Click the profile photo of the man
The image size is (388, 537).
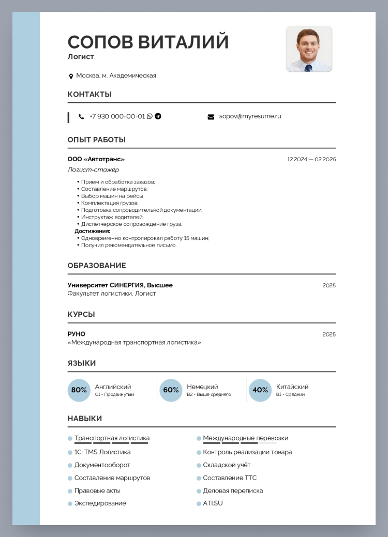[309, 49]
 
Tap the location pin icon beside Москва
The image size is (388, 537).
[71, 76]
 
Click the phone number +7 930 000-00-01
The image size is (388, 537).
[117, 116]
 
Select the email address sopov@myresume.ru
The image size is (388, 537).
[250, 116]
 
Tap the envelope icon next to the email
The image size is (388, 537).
[211, 117]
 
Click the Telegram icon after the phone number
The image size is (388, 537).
[158, 116]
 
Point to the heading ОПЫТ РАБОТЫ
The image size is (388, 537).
[96, 140]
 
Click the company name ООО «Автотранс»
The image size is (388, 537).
[96, 159]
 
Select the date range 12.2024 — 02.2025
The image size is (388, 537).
[311, 159]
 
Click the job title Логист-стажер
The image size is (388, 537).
[93, 170]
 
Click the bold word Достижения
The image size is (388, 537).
[92, 231]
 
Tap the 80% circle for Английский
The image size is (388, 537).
[79, 390]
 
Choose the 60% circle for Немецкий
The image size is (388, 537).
[171, 390]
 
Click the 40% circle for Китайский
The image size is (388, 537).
[260, 390]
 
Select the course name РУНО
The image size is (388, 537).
[76, 334]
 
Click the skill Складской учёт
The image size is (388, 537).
[227, 465]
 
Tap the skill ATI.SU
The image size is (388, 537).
[213, 503]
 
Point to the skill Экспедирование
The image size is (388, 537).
[100, 503]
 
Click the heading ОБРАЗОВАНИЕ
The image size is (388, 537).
[96, 266]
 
